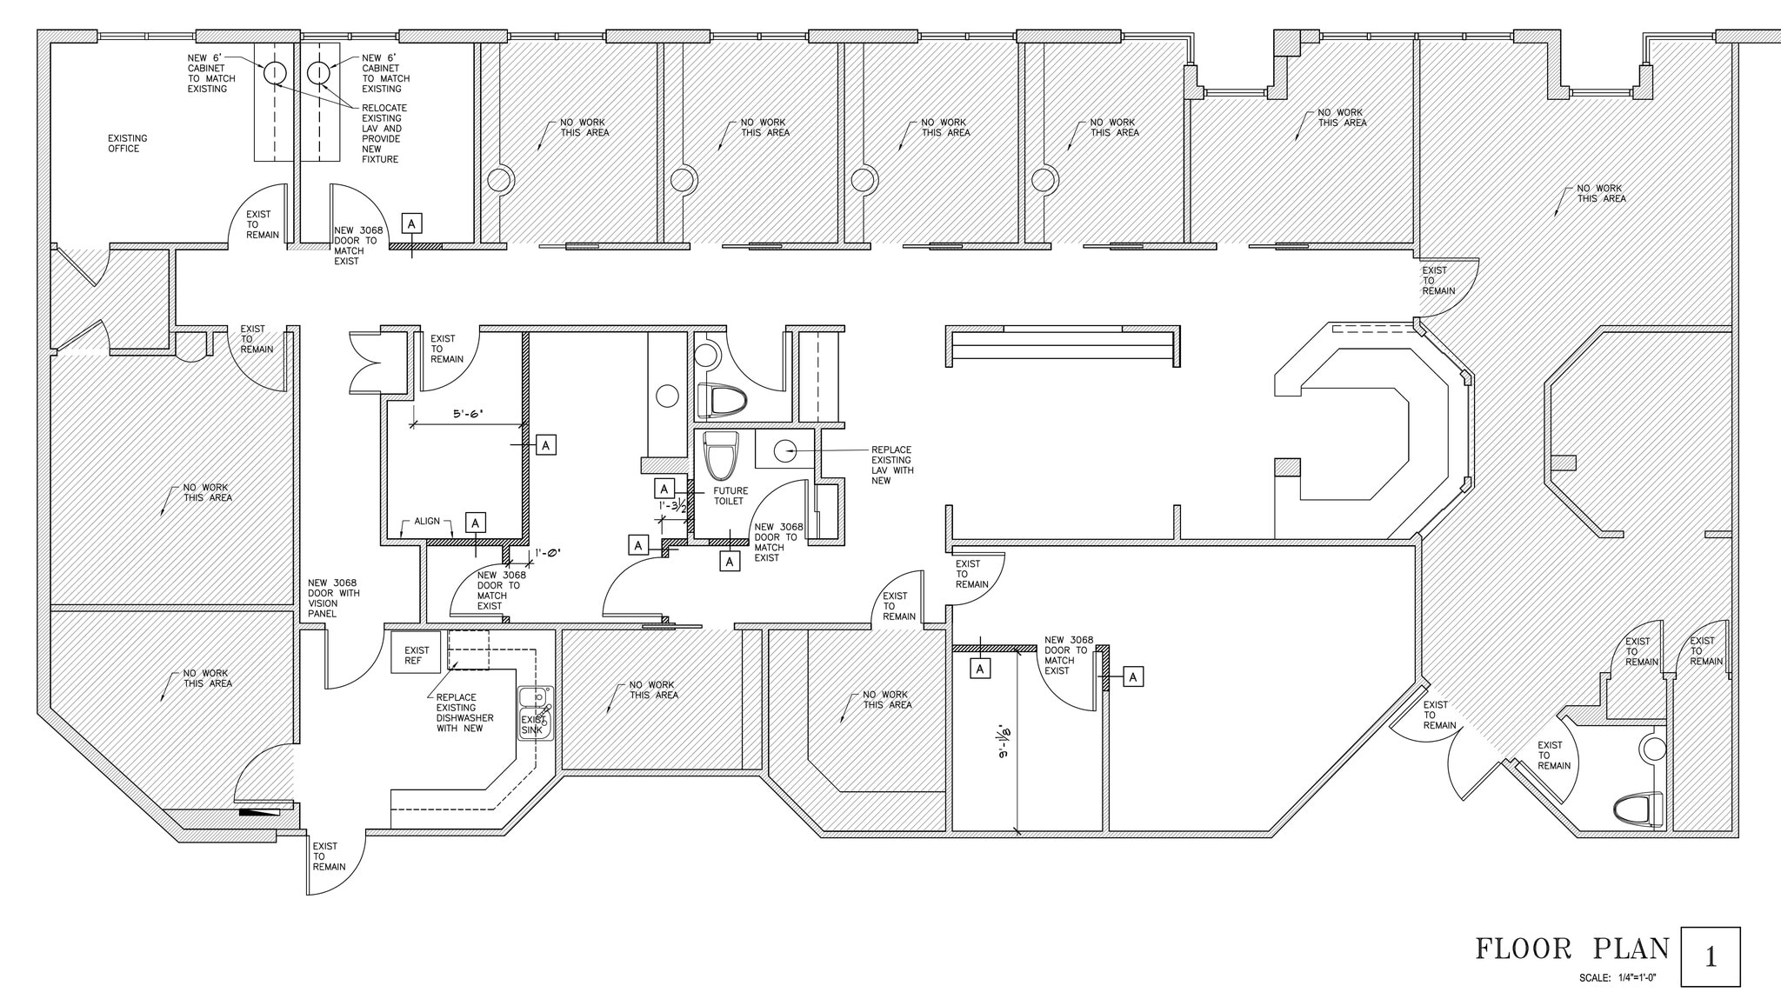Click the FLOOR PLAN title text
point(1572,949)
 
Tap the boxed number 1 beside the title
point(1710,957)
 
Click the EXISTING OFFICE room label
point(127,143)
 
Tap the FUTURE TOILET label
point(730,496)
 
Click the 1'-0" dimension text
point(549,552)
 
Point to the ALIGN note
point(427,521)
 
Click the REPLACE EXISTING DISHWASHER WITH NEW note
point(464,713)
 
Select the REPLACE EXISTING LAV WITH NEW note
point(891,465)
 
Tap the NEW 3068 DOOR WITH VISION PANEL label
point(333,598)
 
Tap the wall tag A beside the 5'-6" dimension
point(545,445)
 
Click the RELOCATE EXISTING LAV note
point(384,134)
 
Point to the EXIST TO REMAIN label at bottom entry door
point(329,856)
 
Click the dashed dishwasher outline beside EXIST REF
point(469,650)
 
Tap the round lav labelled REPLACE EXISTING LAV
point(784,450)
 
